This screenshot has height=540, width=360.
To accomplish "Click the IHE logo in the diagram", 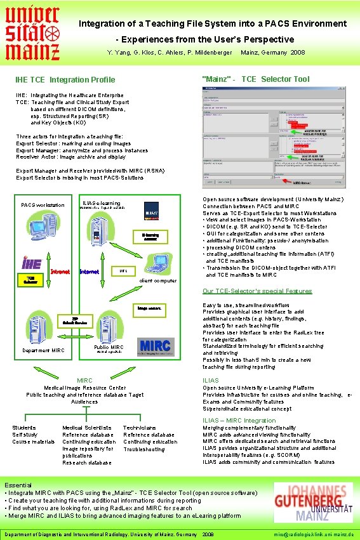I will click(x=31, y=262).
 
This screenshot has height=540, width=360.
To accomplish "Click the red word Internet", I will click(x=60, y=272).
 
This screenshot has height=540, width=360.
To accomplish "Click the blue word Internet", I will click(x=89, y=272).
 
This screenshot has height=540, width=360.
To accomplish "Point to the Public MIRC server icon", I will click(x=110, y=324).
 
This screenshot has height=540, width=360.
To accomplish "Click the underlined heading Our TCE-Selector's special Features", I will click(x=257, y=291).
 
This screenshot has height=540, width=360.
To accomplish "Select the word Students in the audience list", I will click(x=24, y=428).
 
